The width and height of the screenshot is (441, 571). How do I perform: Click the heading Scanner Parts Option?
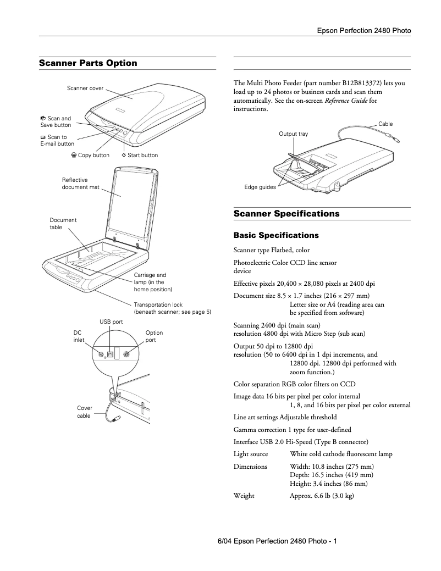(88, 63)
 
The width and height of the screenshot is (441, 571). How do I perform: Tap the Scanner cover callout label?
(85, 88)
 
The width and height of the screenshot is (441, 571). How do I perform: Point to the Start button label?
(140, 155)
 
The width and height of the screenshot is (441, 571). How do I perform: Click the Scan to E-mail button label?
(57, 140)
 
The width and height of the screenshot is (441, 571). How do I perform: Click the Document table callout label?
(63, 223)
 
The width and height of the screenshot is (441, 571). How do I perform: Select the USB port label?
(111, 321)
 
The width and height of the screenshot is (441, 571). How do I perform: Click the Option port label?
(154, 336)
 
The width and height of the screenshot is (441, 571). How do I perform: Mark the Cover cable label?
(84, 412)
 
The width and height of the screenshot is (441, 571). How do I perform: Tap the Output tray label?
(293, 134)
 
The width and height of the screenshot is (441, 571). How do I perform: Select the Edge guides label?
(260, 187)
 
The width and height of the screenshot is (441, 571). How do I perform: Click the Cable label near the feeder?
(385, 124)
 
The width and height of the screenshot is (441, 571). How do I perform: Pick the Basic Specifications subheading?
(276, 235)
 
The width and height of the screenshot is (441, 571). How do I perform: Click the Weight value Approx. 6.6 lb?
(321, 496)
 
